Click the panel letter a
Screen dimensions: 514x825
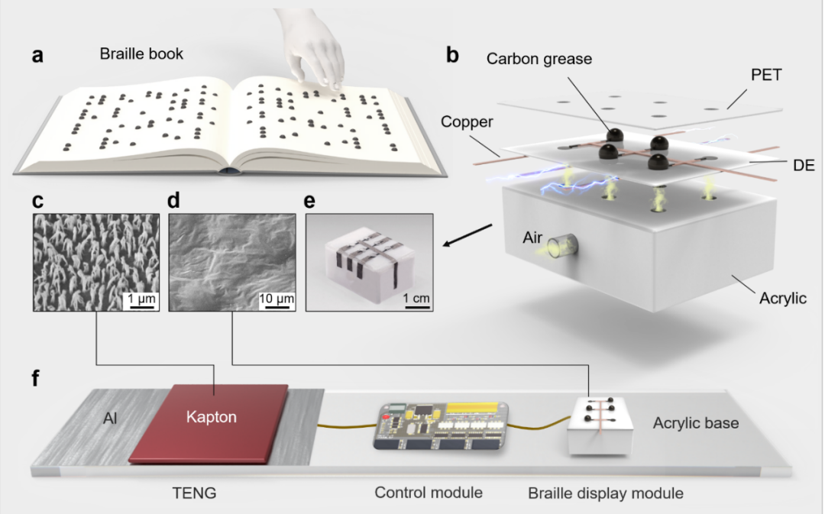(37, 56)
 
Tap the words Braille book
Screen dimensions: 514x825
(141, 54)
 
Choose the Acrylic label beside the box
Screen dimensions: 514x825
(781, 299)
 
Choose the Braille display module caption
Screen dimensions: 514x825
(606, 493)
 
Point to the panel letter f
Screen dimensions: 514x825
(36, 378)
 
